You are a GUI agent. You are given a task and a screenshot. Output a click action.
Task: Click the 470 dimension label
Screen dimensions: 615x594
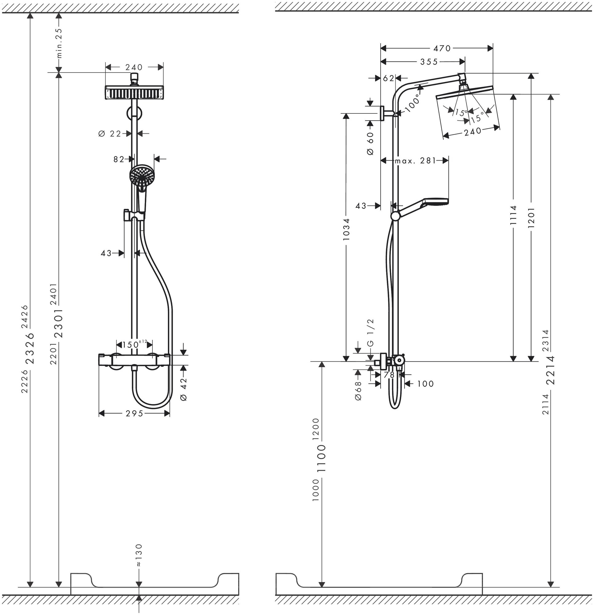tap(442, 48)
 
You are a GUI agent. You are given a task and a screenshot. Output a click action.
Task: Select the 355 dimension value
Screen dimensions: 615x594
tap(429, 62)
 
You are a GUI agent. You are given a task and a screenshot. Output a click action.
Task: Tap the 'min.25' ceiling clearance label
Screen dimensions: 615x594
tap(59, 43)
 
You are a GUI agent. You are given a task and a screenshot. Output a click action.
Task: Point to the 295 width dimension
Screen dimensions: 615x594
tap(134, 414)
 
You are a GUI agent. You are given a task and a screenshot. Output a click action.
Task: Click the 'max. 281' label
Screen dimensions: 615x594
tap(415, 161)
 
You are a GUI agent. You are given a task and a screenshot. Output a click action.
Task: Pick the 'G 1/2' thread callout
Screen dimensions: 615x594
tap(370, 332)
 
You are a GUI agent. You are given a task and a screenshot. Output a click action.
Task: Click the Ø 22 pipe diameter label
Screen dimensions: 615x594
tap(109, 134)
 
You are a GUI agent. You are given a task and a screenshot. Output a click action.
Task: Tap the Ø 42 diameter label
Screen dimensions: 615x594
tap(184, 389)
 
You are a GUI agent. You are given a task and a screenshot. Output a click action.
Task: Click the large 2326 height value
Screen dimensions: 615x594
tap(30, 348)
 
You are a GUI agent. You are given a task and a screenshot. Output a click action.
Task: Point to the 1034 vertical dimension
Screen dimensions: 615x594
tap(346, 229)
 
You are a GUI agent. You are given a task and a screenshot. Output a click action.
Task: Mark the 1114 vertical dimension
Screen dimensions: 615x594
tap(513, 215)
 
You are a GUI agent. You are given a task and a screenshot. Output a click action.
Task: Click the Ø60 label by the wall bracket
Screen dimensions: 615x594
tap(370, 143)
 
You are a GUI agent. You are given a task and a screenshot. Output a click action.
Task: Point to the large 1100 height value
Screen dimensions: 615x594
tap(322, 458)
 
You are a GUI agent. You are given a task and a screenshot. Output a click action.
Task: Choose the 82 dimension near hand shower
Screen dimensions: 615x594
tap(119, 159)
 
